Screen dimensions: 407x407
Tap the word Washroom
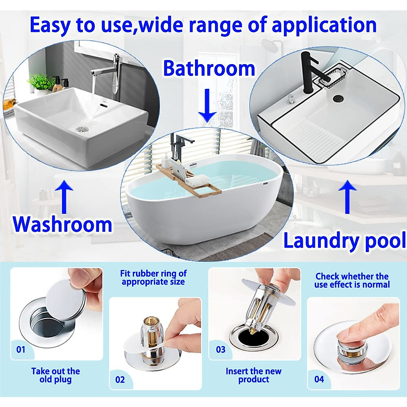[63, 224]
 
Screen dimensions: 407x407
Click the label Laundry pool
[344, 240]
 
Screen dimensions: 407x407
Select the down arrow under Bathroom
[207, 106]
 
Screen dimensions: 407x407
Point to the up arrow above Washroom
[64, 196]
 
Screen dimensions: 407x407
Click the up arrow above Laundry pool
[347, 196]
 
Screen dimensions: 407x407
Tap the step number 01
[21, 349]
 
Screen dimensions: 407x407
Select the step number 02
[120, 380]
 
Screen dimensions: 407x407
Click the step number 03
[221, 349]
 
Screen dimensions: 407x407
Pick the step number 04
[319, 379]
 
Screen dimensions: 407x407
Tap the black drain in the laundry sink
[338, 98]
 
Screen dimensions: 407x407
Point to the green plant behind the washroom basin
[41, 81]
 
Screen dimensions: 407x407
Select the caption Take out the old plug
[56, 375]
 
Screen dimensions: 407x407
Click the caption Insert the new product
[253, 375]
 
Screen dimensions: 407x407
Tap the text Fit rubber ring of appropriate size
[153, 277]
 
